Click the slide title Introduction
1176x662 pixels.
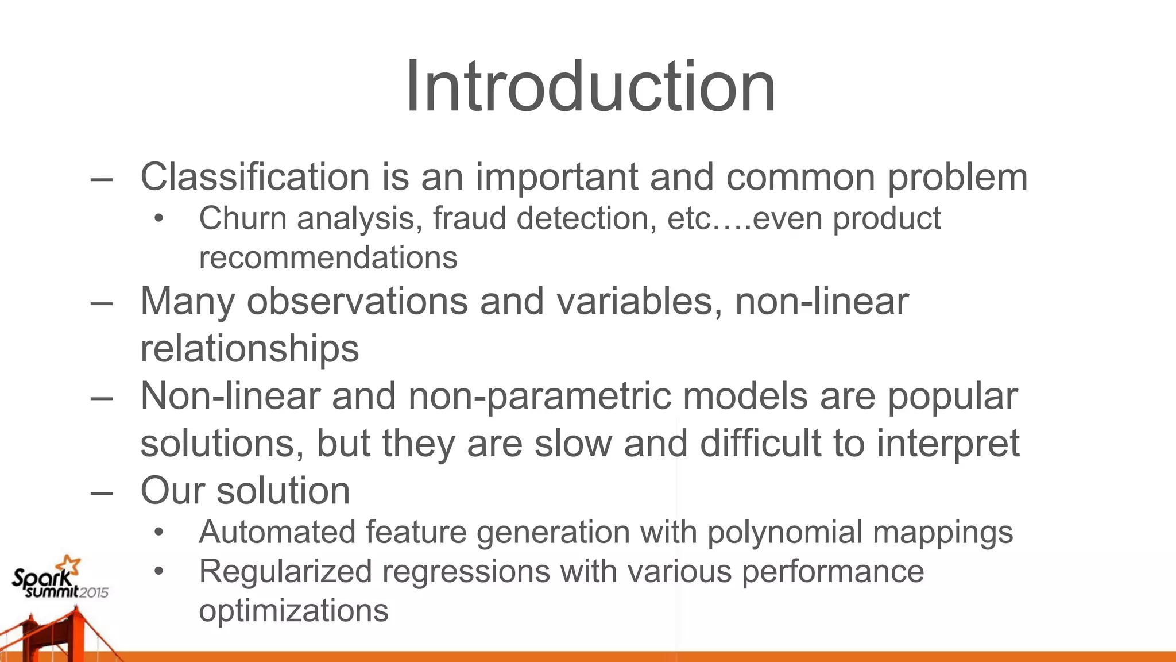pyautogui.click(x=590, y=87)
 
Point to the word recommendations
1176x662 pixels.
pyautogui.click(x=328, y=257)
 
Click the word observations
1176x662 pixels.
pyautogui.click(x=357, y=301)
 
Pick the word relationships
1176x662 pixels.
pyautogui.click(x=249, y=348)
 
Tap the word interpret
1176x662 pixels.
pyautogui.click(x=948, y=444)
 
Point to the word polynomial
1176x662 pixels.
pyautogui.click(x=784, y=532)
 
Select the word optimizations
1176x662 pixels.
pyautogui.click(x=293, y=610)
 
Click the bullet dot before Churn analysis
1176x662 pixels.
pyautogui.click(x=159, y=219)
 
